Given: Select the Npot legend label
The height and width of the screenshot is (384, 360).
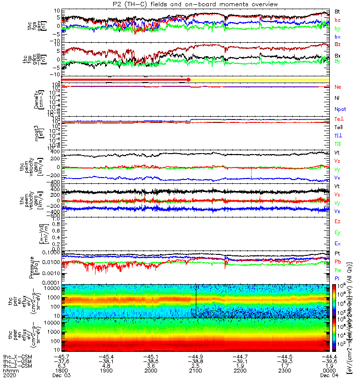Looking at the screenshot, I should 339,108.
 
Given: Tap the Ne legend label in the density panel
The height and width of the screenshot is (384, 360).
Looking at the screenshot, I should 337,87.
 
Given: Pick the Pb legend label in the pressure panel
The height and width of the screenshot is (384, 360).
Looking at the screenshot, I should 338,261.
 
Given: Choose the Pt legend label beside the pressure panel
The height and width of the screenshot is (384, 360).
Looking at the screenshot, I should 337,253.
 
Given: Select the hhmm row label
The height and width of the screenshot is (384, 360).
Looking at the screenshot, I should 9,372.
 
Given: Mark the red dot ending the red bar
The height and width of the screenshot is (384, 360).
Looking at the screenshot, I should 189,79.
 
